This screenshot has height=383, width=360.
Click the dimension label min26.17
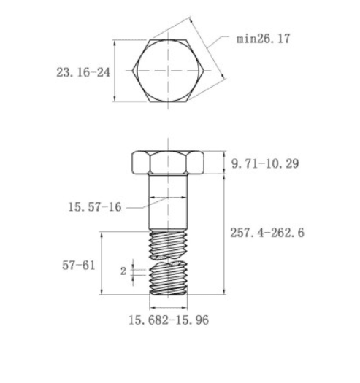pos(263,39)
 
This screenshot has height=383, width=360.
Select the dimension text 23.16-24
pos(83,72)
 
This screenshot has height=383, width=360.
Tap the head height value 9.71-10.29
pos(265,163)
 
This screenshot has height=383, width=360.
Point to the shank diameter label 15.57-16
pos(95,207)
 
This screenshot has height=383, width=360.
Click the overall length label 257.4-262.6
pos(267,233)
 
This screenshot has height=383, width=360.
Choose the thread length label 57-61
pos(79,266)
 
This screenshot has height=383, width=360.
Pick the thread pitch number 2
pos(123,271)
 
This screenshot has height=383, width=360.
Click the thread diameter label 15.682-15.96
pos(169,320)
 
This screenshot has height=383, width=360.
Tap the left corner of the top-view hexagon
pos(132,71)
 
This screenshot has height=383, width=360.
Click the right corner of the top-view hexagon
pos(204,71)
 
